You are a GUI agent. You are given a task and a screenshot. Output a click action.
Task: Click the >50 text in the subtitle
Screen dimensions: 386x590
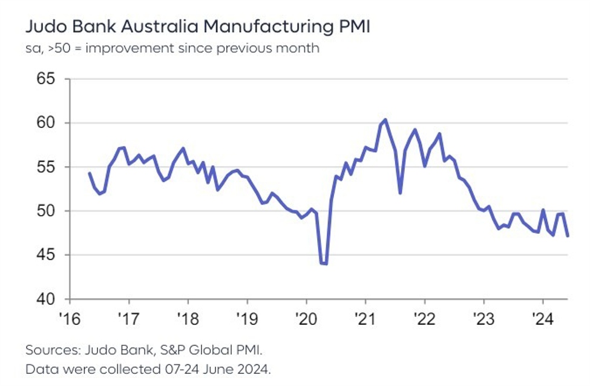pyautogui.click(x=61, y=48)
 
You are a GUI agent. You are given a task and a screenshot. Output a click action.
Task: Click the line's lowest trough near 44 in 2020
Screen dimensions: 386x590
pyautogui.click(x=324, y=264)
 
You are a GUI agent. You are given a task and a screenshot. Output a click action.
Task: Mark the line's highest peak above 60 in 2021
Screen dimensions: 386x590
pyautogui.click(x=385, y=119)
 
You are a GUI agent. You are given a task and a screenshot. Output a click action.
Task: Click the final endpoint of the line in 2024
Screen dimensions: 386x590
pyautogui.click(x=568, y=236)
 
